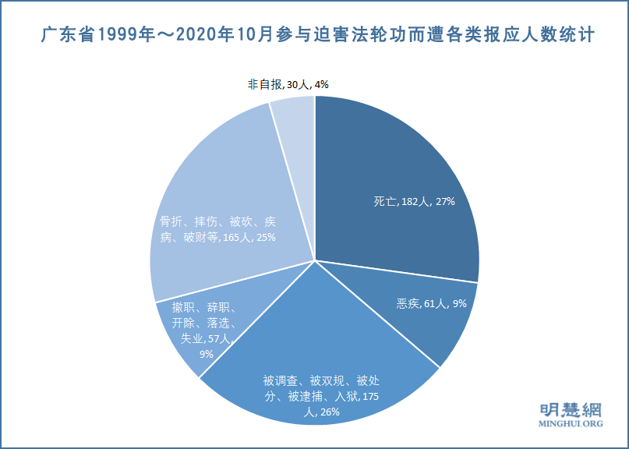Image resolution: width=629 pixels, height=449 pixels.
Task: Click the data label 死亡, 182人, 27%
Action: pyautogui.click(x=414, y=201)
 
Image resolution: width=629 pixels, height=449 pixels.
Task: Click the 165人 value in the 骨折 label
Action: pyautogui.click(x=233, y=238)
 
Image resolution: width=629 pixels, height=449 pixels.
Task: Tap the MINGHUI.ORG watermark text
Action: pyautogui.click(x=571, y=425)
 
